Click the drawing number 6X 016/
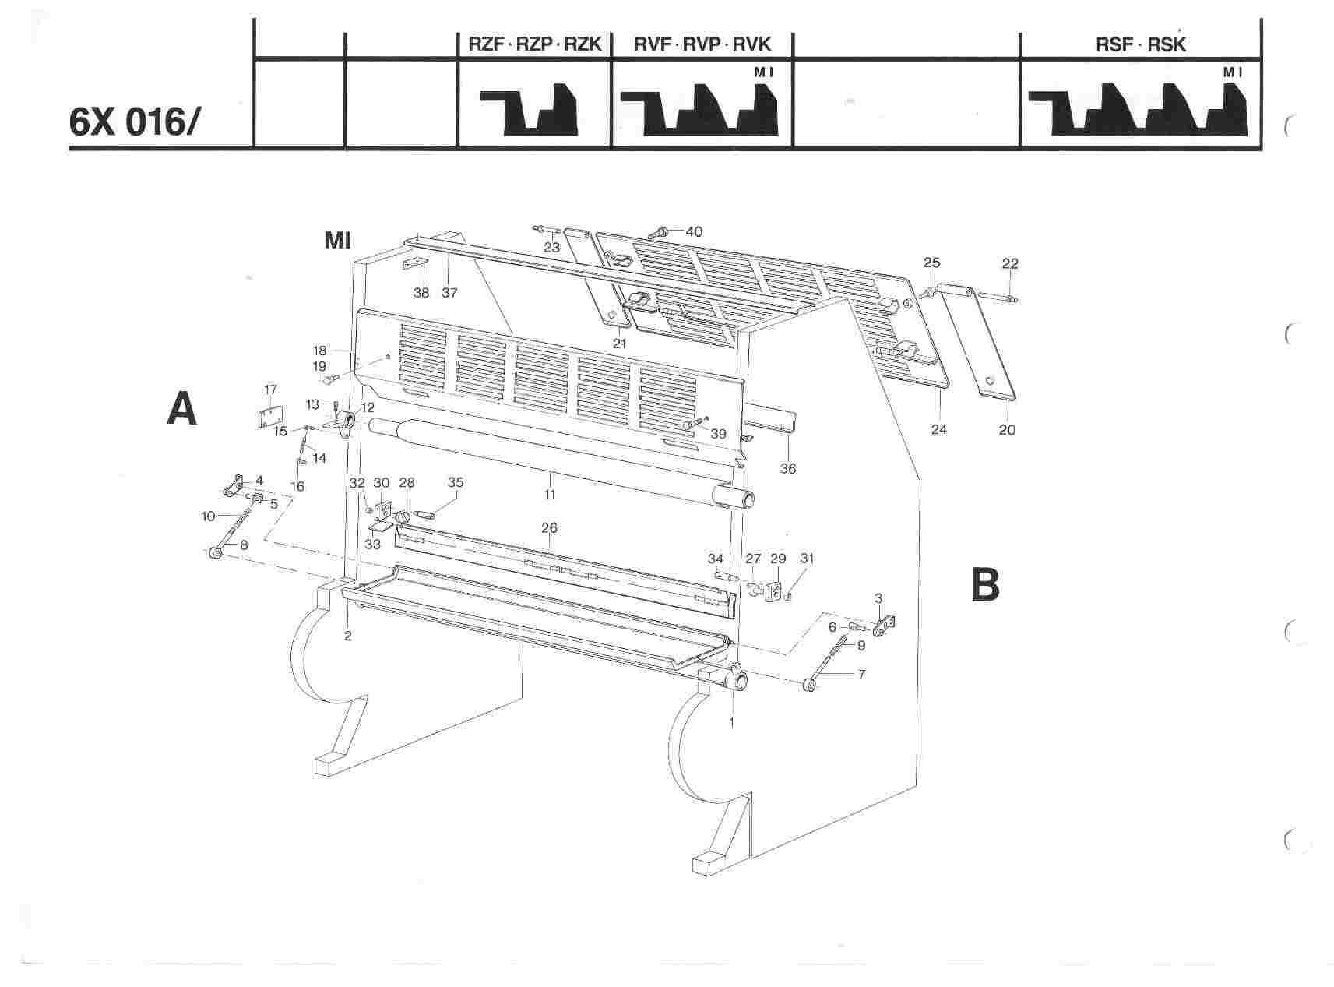136,122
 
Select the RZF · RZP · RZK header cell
534,44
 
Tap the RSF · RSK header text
1140,44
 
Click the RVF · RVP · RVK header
702,44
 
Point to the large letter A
182,409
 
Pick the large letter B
985,584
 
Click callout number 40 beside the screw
694,231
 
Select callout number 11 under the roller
550,495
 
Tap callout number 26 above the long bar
549,528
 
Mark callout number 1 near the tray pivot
731,722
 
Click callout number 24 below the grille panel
939,429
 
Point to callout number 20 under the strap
1007,429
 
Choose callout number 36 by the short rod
788,468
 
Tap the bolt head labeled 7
809,686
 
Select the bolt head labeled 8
214,552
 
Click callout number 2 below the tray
347,636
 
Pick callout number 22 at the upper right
1009,264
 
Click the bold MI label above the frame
337,241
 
